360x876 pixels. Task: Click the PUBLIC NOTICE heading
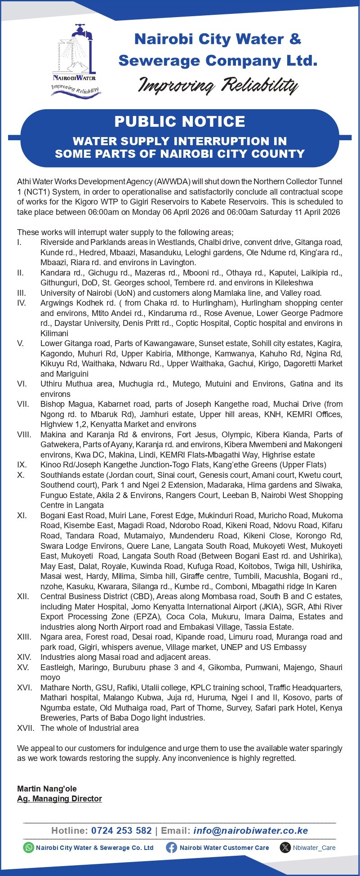180,121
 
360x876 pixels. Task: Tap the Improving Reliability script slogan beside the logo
218,85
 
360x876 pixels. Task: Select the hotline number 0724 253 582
121,830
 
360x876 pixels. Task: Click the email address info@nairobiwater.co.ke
250,830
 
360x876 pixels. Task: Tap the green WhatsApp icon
29,847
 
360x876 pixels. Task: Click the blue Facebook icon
171,847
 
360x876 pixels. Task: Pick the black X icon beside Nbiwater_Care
285,847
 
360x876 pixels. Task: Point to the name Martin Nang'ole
47,788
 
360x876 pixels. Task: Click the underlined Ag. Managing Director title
59,798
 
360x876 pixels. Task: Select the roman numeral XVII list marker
26,728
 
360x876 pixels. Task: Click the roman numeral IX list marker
22,465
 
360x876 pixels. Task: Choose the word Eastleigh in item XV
57,667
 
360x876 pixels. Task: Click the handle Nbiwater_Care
314,848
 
